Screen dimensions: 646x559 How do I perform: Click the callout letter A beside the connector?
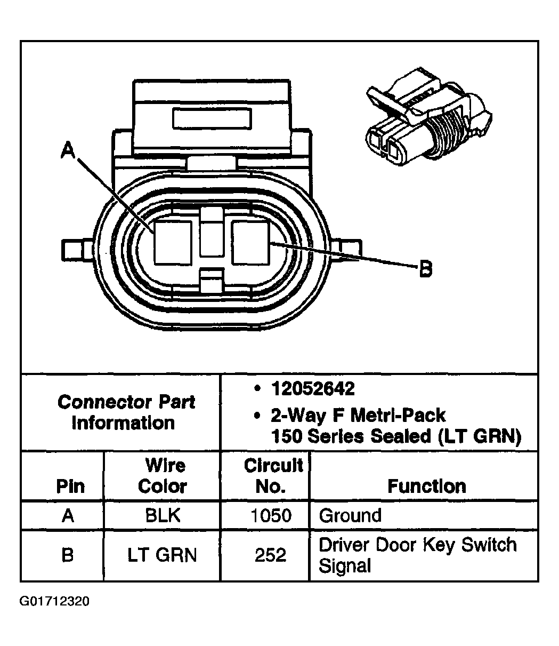(68, 150)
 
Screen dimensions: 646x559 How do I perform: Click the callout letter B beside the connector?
(425, 269)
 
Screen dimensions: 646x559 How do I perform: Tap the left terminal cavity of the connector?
(172, 243)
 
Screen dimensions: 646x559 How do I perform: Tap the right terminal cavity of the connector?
(252, 243)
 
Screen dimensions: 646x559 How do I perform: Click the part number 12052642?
(312, 389)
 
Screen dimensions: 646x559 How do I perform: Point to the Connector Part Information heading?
(126, 412)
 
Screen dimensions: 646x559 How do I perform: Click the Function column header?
(426, 486)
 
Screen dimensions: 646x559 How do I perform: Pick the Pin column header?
(70, 487)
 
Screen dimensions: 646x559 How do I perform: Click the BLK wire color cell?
(163, 515)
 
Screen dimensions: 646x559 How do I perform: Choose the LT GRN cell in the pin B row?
(162, 555)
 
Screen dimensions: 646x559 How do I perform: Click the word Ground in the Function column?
(350, 515)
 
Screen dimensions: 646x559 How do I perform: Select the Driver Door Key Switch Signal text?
(417, 555)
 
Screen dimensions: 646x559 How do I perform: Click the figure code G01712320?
(55, 601)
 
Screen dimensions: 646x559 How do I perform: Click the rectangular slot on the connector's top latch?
(212, 117)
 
